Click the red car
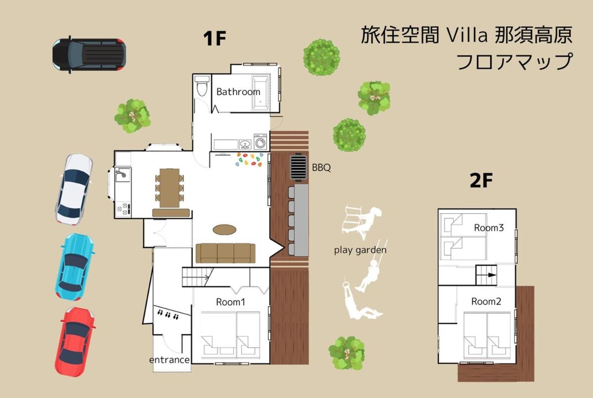[75, 342]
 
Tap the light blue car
[75, 267]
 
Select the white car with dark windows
[74, 190]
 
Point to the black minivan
[89, 54]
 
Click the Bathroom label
[238, 92]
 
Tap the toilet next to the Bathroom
[202, 86]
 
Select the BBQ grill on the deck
[298, 167]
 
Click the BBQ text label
[321, 168]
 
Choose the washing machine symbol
[260, 142]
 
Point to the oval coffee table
[224, 230]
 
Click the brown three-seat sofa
[225, 253]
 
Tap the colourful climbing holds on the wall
[250, 159]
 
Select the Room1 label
[231, 302]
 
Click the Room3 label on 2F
[489, 228]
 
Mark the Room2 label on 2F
[486, 301]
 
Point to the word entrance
[169, 360]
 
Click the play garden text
[360, 250]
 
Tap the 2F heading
[481, 180]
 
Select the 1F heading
[214, 39]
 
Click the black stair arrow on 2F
[492, 275]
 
